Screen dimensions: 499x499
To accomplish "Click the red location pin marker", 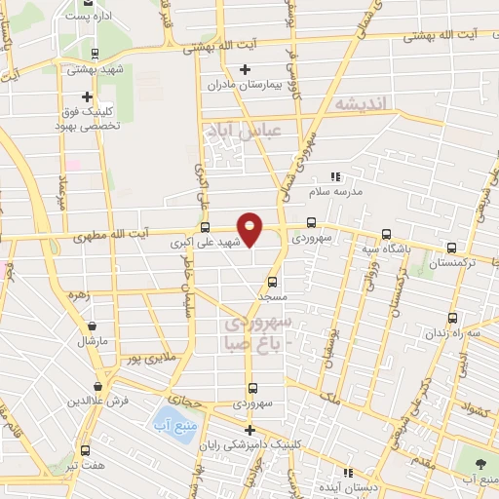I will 250,228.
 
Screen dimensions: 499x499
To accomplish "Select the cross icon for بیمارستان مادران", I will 245,68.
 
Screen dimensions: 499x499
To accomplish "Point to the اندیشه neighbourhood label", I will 360,103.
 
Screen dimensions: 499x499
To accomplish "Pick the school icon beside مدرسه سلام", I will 335,176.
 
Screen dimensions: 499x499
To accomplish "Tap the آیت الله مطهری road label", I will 114,234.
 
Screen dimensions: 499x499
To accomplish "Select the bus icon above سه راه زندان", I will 452,318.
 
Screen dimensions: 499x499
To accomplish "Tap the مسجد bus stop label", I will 269,294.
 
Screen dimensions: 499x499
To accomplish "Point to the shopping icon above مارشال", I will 92,327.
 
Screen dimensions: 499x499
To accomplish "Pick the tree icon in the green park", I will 481,462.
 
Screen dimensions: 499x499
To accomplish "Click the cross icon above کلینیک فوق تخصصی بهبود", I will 88,96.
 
